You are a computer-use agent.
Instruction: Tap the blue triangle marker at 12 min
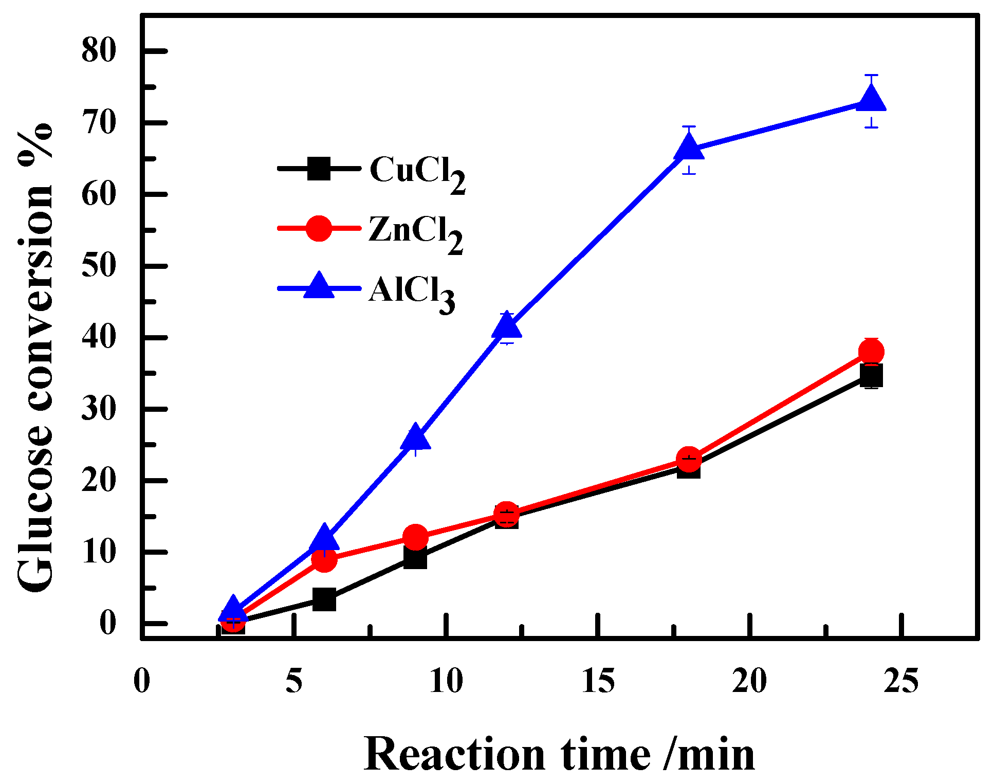pyautogui.click(x=507, y=326)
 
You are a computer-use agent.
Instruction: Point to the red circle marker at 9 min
pyautogui.click(x=415, y=537)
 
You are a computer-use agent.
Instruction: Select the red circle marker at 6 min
pyautogui.click(x=324, y=559)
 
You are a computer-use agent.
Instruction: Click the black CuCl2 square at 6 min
pyautogui.click(x=324, y=599)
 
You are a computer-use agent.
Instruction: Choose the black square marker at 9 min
pyautogui.click(x=415, y=557)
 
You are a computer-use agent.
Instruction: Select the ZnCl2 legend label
pyautogui.click(x=415, y=233)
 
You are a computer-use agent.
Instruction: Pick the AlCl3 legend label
pyautogui.click(x=411, y=293)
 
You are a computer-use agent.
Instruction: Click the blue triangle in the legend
pyautogui.click(x=319, y=286)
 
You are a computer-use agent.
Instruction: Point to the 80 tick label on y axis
pyautogui.click(x=99, y=51)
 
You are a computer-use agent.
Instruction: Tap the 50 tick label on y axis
pyautogui.click(x=99, y=266)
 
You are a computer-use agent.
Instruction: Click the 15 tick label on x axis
pyautogui.click(x=598, y=681)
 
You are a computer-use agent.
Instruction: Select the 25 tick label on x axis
pyautogui.click(x=901, y=681)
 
